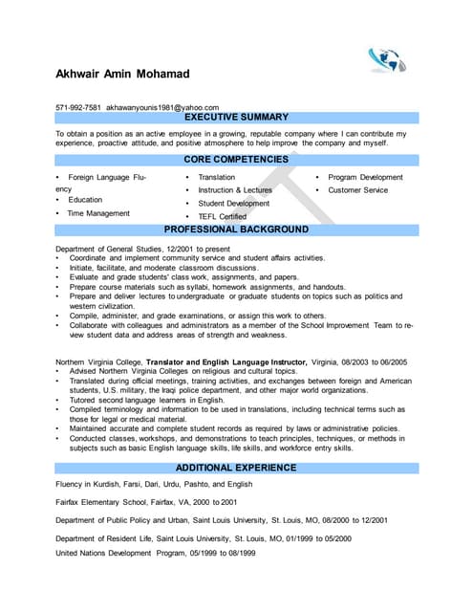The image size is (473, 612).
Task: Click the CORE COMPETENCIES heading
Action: (x=236, y=160)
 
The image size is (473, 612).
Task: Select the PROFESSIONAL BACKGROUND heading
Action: (x=236, y=230)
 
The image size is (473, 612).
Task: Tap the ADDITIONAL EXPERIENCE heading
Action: (x=236, y=468)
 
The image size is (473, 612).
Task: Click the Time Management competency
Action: (x=98, y=213)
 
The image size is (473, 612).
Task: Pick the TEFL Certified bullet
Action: (x=222, y=217)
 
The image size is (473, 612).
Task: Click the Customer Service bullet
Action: (x=357, y=190)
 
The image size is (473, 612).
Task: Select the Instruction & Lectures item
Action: (x=234, y=190)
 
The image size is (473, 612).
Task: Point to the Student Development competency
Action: (x=233, y=204)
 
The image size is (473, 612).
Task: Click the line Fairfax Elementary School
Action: (x=146, y=502)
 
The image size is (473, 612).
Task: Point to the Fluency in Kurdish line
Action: (x=161, y=485)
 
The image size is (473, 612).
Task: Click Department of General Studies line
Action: (x=138, y=249)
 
